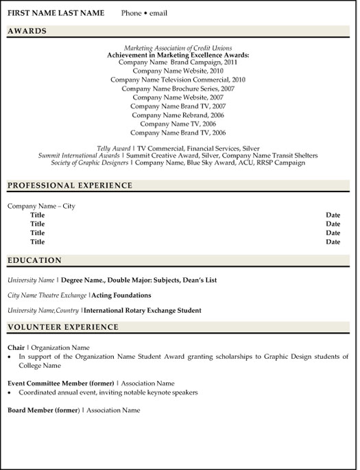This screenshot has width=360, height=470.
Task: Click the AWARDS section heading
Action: pyautogui.click(x=27, y=31)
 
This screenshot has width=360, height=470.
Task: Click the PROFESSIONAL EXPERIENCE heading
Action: pyautogui.click(x=70, y=186)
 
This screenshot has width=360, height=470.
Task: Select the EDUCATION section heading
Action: pyautogui.click(x=34, y=261)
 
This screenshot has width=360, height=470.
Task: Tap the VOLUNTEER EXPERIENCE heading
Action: pyautogui.click(x=63, y=327)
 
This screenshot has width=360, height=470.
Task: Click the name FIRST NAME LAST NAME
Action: pyautogui.click(x=56, y=13)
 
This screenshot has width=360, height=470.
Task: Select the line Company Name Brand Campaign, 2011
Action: pyautogui.click(x=178, y=62)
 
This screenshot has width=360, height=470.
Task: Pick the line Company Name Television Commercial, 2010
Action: pyautogui.click(x=178, y=80)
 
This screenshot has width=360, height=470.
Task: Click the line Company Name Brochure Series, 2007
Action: pyautogui.click(x=178, y=89)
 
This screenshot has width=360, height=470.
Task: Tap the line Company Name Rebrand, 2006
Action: pyautogui.click(x=178, y=115)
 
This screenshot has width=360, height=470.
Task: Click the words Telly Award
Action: pyautogui.click(x=113, y=148)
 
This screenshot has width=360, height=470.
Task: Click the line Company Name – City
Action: pyautogui.click(x=41, y=206)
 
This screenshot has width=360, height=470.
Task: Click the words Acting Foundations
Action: pyautogui.click(x=121, y=295)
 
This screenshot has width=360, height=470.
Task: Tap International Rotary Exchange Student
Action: pyautogui.click(x=143, y=311)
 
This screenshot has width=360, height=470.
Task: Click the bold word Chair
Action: pyautogui.click(x=16, y=348)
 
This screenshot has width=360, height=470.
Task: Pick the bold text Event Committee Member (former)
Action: pyautogui.click(x=60, y=383)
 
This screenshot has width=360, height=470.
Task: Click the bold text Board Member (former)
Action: pyautogui.click(x=43, y=410)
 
